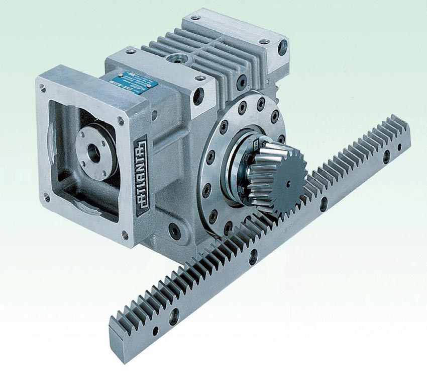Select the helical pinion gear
point(274,174)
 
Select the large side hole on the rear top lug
point(283,48)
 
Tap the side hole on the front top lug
point(198,96)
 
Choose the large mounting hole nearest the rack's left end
point(174,317)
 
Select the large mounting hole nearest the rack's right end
point(386,157)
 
